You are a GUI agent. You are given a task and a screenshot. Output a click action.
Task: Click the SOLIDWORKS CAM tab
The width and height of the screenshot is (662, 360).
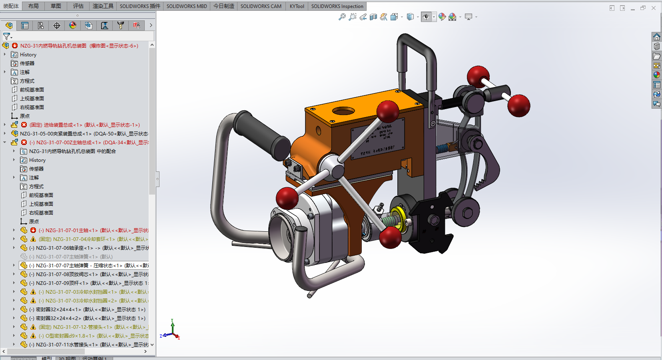(x=261, y=6)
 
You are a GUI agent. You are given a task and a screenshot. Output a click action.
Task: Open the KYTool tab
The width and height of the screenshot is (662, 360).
(x=297, y=6)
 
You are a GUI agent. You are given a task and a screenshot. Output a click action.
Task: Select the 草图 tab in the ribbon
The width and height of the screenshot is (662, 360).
(x=56, y=6)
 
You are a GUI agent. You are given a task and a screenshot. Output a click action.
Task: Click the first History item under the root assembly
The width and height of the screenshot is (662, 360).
(x=28, y=55)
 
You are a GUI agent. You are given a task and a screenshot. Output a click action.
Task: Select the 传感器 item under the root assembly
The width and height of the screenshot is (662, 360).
(x=27, y=64)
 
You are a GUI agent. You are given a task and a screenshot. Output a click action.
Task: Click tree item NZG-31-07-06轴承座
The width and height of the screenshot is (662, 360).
(x=60, y=248)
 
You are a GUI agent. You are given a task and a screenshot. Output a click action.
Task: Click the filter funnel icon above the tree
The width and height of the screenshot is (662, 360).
(x=6, y=36)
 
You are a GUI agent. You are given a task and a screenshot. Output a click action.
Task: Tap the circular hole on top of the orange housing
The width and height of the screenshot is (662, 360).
(x=343, y=111)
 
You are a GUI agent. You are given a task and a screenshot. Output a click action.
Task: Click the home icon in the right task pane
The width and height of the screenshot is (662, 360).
(x=656, y=37)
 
